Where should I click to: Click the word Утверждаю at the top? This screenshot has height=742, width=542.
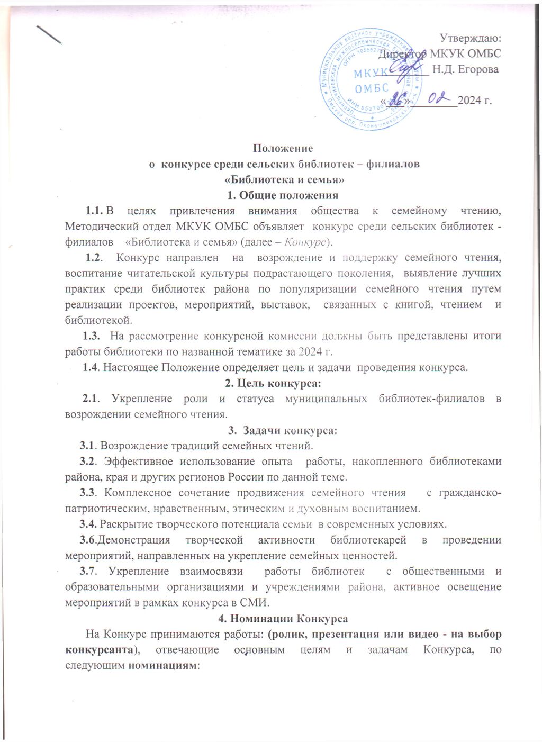point(471,38)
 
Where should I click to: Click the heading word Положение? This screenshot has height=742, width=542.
point(283,148)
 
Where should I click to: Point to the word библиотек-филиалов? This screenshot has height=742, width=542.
point(431,399)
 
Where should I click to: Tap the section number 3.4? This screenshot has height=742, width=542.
point(88,524)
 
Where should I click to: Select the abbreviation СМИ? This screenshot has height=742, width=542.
point(256,602)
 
